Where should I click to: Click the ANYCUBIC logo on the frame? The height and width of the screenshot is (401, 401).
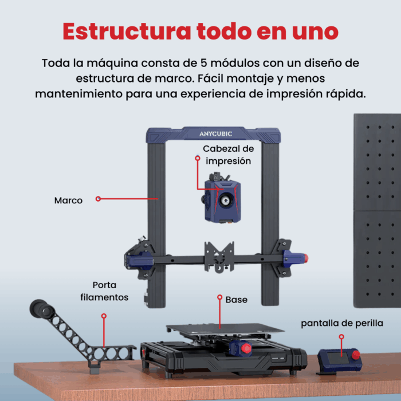(x=215, y=133)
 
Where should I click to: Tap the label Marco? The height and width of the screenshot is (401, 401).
(x=68, y=200)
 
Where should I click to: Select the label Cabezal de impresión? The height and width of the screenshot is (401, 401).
(x=229, y=155)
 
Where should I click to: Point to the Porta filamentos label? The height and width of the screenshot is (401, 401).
(x=104, y=291)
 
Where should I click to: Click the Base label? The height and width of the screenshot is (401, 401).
(x=237, y=300)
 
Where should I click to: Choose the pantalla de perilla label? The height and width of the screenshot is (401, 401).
(x=342, y=323)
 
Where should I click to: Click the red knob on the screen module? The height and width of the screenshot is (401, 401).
(x=356, y=355)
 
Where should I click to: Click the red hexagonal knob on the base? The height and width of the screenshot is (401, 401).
(x=246, y=348)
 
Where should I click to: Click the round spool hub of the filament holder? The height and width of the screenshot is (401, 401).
(x=42, y=309)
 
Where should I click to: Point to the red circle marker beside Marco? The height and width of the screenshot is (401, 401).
(x=98, y=199)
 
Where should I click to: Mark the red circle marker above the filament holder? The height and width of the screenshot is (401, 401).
(x=104, y=316)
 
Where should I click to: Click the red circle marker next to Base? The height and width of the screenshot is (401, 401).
(x=219, y=297)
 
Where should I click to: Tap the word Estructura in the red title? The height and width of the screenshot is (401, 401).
(x=127, y=31)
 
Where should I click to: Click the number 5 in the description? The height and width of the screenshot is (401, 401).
(x=204, y=63)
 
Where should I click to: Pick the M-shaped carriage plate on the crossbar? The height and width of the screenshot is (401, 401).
(x=219, y=257)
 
